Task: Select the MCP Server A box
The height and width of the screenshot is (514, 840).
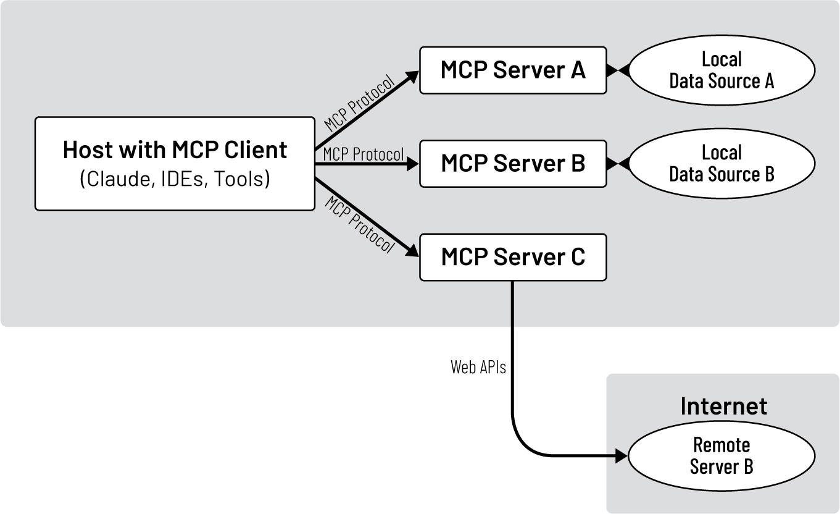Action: click(512, 70)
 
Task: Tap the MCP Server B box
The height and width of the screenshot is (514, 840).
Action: click(512, 164)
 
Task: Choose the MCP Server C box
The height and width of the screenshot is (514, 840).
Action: click(512, 257)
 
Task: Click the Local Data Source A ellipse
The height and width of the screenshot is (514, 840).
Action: click(721, 70)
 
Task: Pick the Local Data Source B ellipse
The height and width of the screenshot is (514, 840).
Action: click(721, 164)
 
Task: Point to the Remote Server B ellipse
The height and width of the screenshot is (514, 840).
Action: click(721, 456)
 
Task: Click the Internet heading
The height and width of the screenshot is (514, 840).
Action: click(723, 407)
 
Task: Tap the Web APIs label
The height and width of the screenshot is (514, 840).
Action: click(478, 368)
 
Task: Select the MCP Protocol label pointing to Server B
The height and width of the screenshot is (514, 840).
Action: click(363, 153)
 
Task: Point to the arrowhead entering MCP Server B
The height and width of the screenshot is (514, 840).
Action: click(414, 164)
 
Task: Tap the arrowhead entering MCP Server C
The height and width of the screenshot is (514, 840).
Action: click(412, 251)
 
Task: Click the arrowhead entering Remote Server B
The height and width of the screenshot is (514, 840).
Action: click(621, 457)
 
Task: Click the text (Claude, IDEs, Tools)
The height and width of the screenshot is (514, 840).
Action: click(175, 179)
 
